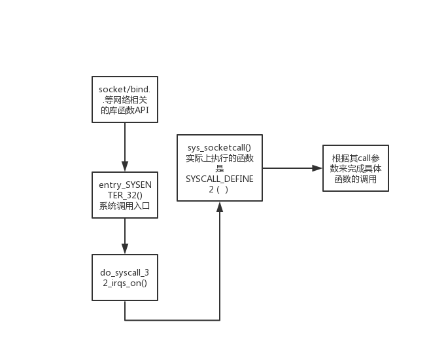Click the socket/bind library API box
coord(124,99)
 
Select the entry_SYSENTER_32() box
coord(124,195)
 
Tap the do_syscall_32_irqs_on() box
coord(124,277)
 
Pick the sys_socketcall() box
coord(220,168)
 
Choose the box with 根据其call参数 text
coord(355,168)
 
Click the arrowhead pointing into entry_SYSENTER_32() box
coord(124,166)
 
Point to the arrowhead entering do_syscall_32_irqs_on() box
coord(124,249)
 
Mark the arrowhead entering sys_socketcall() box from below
coord(220,207)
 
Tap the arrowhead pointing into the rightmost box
coord(317,168)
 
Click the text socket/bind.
coord(124,88)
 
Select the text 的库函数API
coord(124,109)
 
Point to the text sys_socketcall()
coord(220,147)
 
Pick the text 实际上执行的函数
coord(220,158)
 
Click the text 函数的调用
coord(355,179)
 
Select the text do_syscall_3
coord(124,272)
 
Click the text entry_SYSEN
coord(124,185)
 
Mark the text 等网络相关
coord(124,99)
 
